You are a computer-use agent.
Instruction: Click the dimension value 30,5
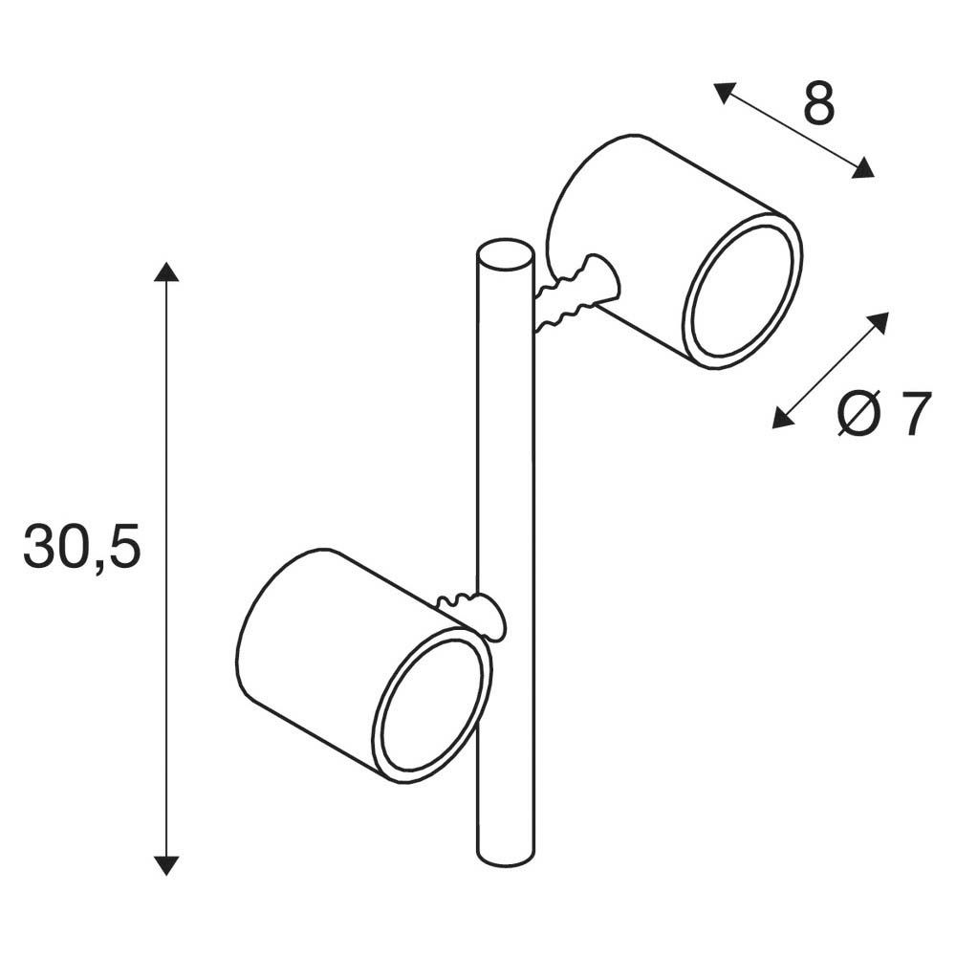(82, 548)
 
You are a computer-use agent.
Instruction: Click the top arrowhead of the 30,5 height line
(166, 271)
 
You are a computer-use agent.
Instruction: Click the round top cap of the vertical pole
(504, 257)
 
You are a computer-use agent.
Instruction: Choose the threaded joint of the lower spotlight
(471, 612)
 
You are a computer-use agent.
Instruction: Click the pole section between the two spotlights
(505, 459)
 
